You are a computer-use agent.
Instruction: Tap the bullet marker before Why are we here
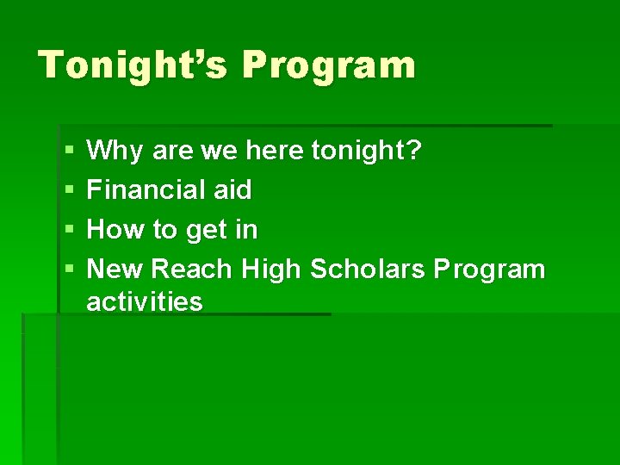[x=69, y=152]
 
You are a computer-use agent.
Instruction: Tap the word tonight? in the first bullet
[x=367, y=152]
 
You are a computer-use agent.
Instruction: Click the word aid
[x=232, y=190]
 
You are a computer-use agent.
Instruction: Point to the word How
[x=113, y=230]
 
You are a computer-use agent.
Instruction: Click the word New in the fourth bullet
[x=116, y=270]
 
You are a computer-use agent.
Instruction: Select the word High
[x=270, y=270]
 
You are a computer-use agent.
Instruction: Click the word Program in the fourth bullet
[x=489, y=270]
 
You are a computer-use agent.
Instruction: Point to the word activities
[x=145, y=301]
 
